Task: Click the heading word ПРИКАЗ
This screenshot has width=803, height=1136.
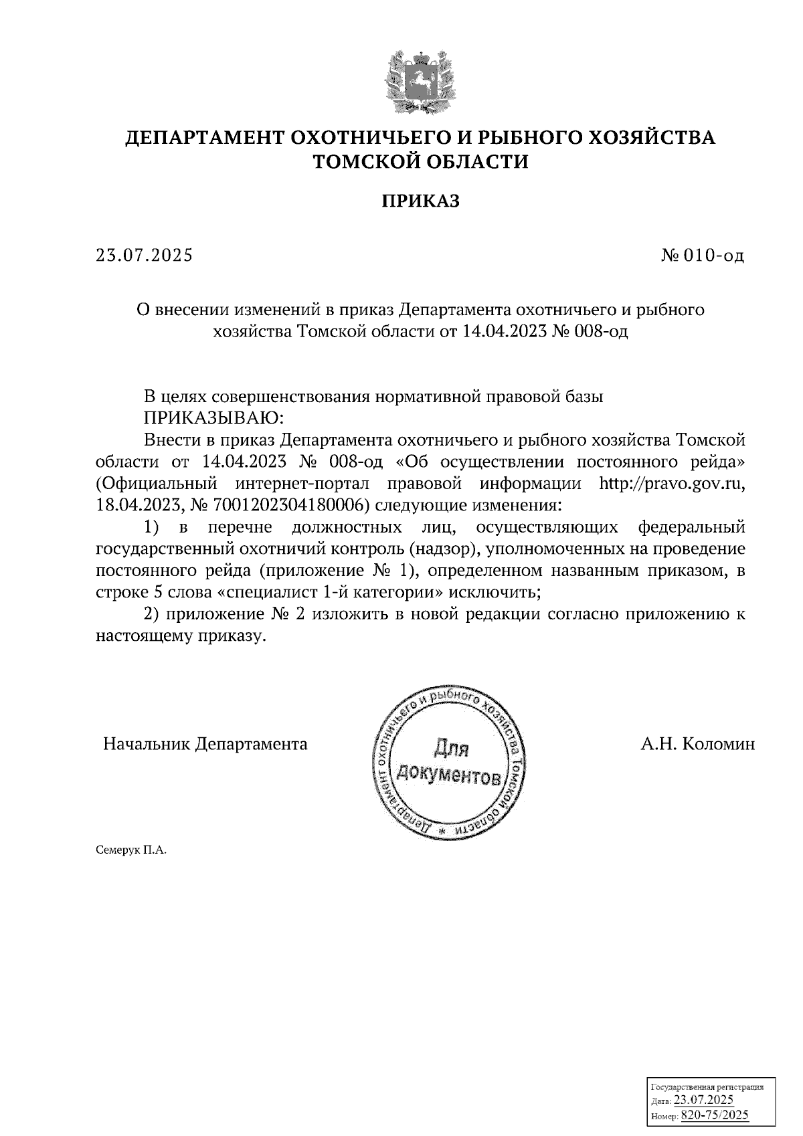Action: click(421, 201)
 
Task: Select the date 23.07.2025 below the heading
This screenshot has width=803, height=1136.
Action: click(144, 256)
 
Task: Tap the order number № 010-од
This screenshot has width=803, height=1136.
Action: click(702, 256)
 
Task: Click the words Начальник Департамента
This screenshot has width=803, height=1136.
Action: click(205, 744)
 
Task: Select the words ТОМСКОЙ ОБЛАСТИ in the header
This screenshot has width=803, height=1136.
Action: click(421, 162)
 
